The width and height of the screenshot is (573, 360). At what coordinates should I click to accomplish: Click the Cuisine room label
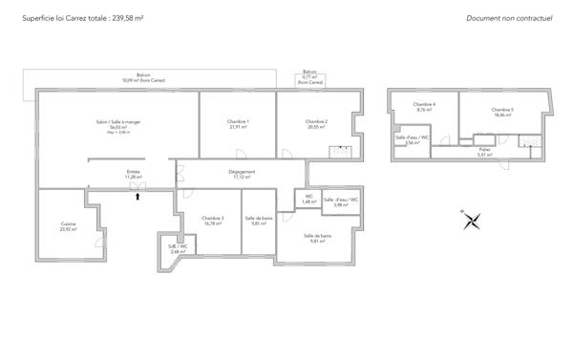point(68,226)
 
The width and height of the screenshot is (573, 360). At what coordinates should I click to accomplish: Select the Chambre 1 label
point(238,124)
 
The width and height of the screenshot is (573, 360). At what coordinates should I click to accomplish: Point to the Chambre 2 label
point(316,124)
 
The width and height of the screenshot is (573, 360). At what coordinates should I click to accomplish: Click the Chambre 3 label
point(213,221)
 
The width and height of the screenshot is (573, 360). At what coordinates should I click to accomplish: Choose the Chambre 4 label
point(424,106)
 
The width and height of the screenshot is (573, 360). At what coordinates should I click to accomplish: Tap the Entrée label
point(133,175)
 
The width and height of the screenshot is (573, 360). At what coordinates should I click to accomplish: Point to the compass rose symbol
point(470,221)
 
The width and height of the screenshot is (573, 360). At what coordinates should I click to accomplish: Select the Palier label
point(485,152)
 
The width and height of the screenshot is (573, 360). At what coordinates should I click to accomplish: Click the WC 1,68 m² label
point(308,201)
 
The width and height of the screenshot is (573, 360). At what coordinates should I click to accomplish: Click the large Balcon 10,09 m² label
point(143,78)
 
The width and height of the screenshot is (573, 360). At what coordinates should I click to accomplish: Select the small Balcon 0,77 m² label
point(309,77)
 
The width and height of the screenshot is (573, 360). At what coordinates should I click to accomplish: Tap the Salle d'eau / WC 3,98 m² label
point(341,202)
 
